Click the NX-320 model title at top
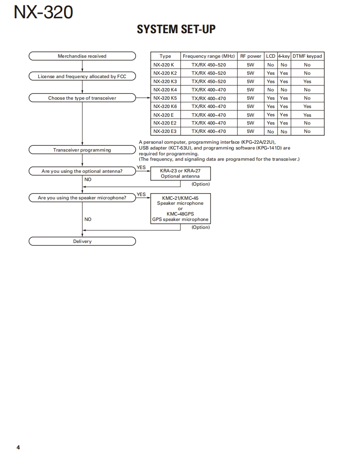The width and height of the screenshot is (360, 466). tap(43, 12)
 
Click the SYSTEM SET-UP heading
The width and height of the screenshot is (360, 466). tap(176, 29)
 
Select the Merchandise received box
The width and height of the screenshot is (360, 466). tap(82, 56)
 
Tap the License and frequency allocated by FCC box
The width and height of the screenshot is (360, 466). tap(82, 76)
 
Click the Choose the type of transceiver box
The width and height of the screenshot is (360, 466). tap(82, 98)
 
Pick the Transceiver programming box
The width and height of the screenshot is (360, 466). tap(82, 150)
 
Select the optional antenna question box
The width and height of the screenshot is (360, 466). tap(82, 171)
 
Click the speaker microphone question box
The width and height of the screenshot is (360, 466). tap(82, 198)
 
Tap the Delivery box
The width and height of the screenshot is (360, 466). tap(82, 241)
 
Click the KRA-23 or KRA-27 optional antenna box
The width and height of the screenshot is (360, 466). tap(180, 173)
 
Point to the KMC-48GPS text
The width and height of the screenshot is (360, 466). tap(180, 214)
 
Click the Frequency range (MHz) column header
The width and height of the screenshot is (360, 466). tap(209, 56)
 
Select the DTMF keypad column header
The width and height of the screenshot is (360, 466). tap(307, 56)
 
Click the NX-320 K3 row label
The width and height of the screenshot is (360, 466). tap(165, 81)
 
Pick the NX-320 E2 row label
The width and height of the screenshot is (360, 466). tap(165, 123)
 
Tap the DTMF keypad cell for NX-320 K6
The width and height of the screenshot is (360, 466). tap(307, 106)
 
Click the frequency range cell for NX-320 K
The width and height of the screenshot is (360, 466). tap(209, 65)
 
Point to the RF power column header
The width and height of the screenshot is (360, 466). tap(251, 56)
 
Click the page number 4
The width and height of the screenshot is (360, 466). tap(18, 447)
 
